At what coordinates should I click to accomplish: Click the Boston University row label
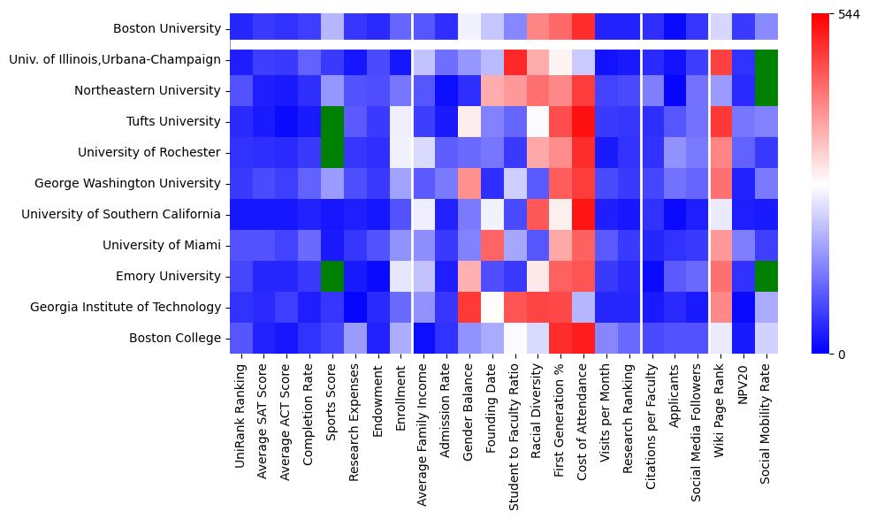coord(166,29)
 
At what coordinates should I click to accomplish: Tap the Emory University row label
coord(169,276)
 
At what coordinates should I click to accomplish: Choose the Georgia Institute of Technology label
coord(125,307)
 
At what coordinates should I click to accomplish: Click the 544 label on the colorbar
coord(849,15)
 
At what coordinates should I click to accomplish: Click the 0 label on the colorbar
coord(841,355)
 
